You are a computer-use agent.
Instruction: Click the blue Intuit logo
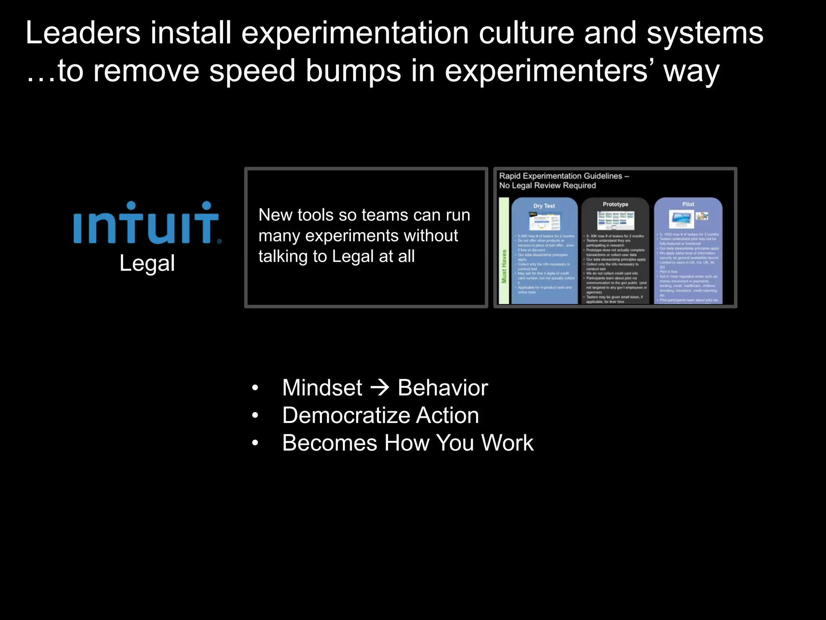[147, 223]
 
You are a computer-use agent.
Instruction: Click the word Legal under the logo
[147, 263]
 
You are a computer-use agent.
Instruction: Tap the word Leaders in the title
[83, 33]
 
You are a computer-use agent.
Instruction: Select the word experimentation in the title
[355, 34]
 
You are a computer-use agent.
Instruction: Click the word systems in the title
[705, 34]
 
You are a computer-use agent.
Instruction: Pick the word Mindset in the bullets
[322, 387]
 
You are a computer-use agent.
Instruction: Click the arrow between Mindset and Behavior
[380, 387]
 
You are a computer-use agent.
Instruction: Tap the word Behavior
[442, 387]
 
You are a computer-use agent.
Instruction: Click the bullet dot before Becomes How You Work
[254, 443]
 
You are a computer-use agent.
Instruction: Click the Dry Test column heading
[544, 206]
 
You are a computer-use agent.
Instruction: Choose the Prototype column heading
[615, 204]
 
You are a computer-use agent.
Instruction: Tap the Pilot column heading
[688, 204]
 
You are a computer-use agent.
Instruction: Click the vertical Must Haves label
[504, 266]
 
